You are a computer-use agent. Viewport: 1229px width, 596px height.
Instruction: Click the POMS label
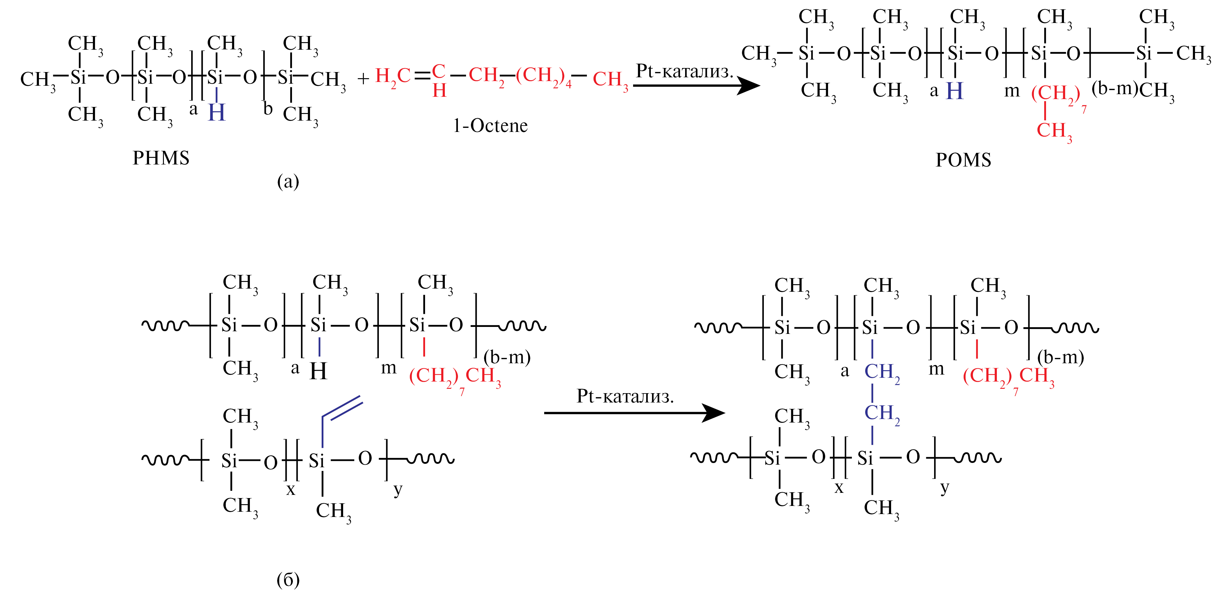(963, 160)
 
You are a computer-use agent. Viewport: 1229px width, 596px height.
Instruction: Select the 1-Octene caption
(490, 126)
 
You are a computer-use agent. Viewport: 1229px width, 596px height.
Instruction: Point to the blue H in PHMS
(217, 113)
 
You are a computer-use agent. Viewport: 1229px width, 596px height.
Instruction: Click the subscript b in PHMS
(268, 109)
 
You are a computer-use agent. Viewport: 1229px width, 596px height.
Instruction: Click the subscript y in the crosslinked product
(945, 488)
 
